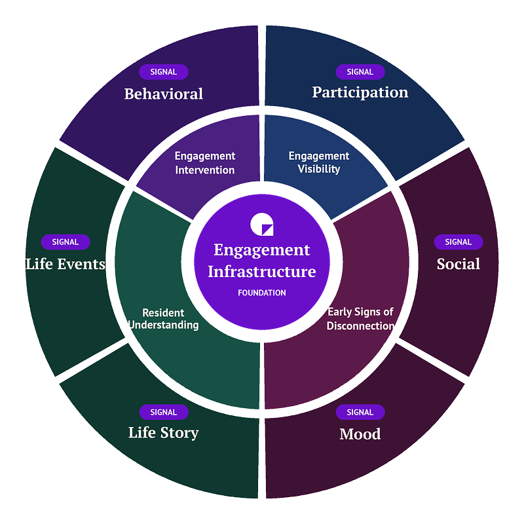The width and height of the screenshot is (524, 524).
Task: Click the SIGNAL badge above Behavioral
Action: click(164, 72)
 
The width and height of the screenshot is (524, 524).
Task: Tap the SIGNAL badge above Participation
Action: click(360, 72)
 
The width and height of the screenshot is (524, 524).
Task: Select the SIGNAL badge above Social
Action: click(458, 242)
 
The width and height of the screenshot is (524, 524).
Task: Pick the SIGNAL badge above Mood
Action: click(360, 412)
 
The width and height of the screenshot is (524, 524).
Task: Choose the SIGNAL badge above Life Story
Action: click(164, 412)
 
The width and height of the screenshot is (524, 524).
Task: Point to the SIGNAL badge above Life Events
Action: click(65, 242)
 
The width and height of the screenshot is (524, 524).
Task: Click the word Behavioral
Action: click(164, 94)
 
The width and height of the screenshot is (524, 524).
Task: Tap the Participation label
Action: click(360, 92)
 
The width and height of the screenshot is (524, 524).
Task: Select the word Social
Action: click(458, 264)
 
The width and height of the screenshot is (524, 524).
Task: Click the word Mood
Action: click(360, 434)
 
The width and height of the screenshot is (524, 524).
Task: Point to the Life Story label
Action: click(164, 433)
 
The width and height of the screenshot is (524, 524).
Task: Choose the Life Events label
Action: click(65, 264)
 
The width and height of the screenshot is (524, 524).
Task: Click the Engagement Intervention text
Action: click(205, 163)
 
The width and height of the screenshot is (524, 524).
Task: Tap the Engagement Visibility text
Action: click(319, 162)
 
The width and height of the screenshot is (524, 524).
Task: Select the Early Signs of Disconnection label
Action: click(360, 319)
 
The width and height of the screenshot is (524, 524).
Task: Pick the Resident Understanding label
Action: click(163, 319)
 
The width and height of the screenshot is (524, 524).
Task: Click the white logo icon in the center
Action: click(262, 224)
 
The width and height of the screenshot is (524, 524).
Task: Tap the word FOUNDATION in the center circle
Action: click(262, 293)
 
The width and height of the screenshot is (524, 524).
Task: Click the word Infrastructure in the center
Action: click(262, 271)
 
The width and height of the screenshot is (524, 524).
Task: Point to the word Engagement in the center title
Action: click(262, 250)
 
